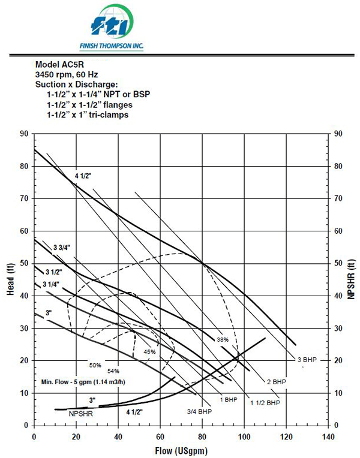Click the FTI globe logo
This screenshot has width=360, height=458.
(x=112, y=22)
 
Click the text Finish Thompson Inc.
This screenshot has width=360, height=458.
(x=112, y=46)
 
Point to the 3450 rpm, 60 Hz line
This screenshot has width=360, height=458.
(x=67, y=74)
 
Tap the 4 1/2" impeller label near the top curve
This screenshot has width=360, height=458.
(x=83, y=176)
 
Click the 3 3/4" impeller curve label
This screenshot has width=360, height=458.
(x=62, y=248)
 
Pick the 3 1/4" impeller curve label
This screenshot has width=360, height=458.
(x=51, y=284)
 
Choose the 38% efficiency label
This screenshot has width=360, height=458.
(x=223, y=339)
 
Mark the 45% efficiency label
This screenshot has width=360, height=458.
(x=149, y=352)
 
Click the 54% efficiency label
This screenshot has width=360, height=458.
(x=113, y=371)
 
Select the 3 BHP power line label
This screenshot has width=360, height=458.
(x=307, y=360)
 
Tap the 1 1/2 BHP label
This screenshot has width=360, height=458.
(x=265, y=403)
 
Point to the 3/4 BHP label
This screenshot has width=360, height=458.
(x=199, y=412)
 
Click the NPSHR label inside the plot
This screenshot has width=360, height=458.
(x=81, y=414)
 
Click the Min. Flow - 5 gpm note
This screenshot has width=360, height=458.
(x=83, y=382)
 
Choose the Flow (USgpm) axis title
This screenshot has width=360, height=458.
(x=181, y=451)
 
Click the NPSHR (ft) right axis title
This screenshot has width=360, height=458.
(x=351, y=279)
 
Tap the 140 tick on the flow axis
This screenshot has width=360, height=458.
(x=328, y=437)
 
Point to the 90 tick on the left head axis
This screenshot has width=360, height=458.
(x=24, y=134)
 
